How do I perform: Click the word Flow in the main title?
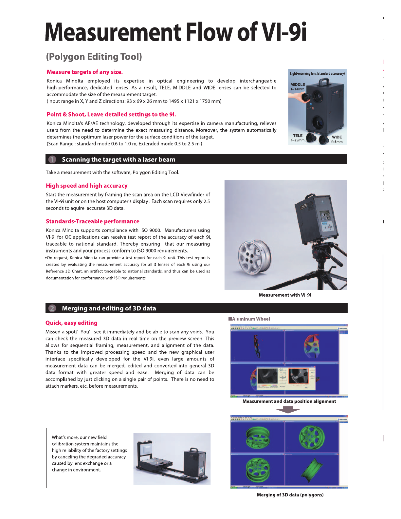(209, 32)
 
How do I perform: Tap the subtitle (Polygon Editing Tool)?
(94, 57)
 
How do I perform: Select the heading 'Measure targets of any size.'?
(85, 72)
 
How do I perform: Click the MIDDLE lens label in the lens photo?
(298, 84)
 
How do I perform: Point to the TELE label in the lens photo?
(298, 136)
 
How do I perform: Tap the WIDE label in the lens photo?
(337, 137)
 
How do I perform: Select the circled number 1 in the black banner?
(52, 159)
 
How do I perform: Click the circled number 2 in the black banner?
(52, 308)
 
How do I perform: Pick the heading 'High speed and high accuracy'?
(87, 186)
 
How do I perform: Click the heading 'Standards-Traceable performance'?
(93, 221)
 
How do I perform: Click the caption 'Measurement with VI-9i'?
(285, 295)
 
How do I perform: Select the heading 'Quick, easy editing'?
(71, 323)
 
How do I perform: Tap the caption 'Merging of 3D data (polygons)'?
(290, 495)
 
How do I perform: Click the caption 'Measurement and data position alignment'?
(289, 401)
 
